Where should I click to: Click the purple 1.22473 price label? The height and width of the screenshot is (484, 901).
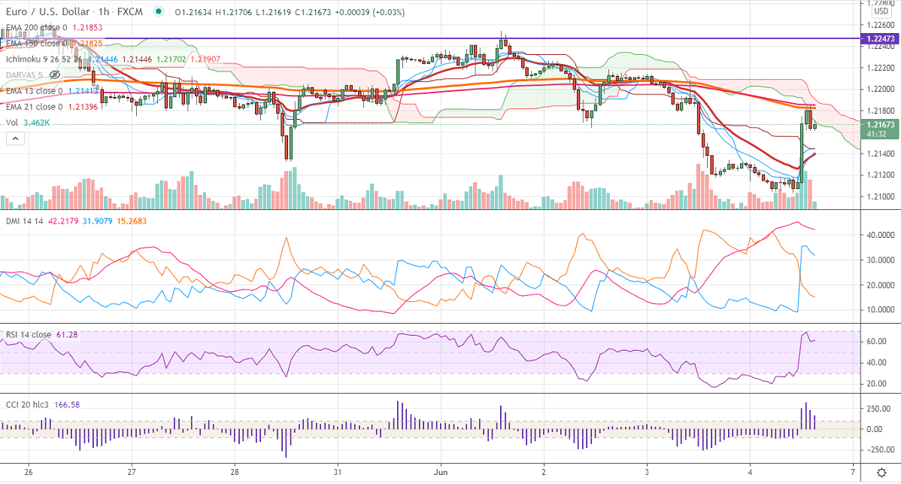click(x=881, y=38)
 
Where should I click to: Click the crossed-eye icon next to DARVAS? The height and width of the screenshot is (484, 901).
click(x=54, y=75)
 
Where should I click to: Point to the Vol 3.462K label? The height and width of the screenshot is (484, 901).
click(x=27, y=123)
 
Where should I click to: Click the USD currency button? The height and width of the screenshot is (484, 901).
click(x=881, y=12)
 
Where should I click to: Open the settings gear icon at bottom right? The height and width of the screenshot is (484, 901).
click(x=881, y=472)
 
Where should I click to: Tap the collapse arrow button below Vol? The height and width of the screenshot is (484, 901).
click(x=14, y=139)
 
